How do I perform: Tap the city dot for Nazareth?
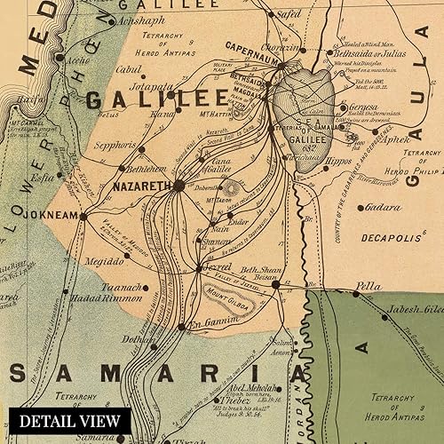coord(178,186)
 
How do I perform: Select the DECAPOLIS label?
coord(392,239)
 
